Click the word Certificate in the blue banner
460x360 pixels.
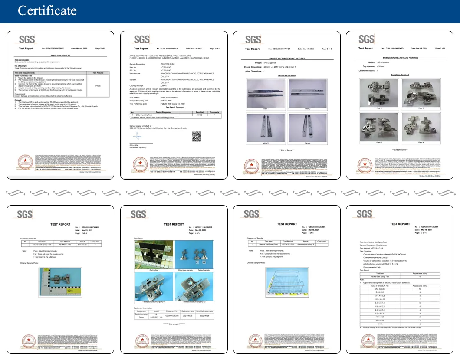(47, 10)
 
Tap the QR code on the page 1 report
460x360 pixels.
(197, 137)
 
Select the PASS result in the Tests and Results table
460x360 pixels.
(98, 86)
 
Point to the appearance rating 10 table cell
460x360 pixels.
(414, 289)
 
